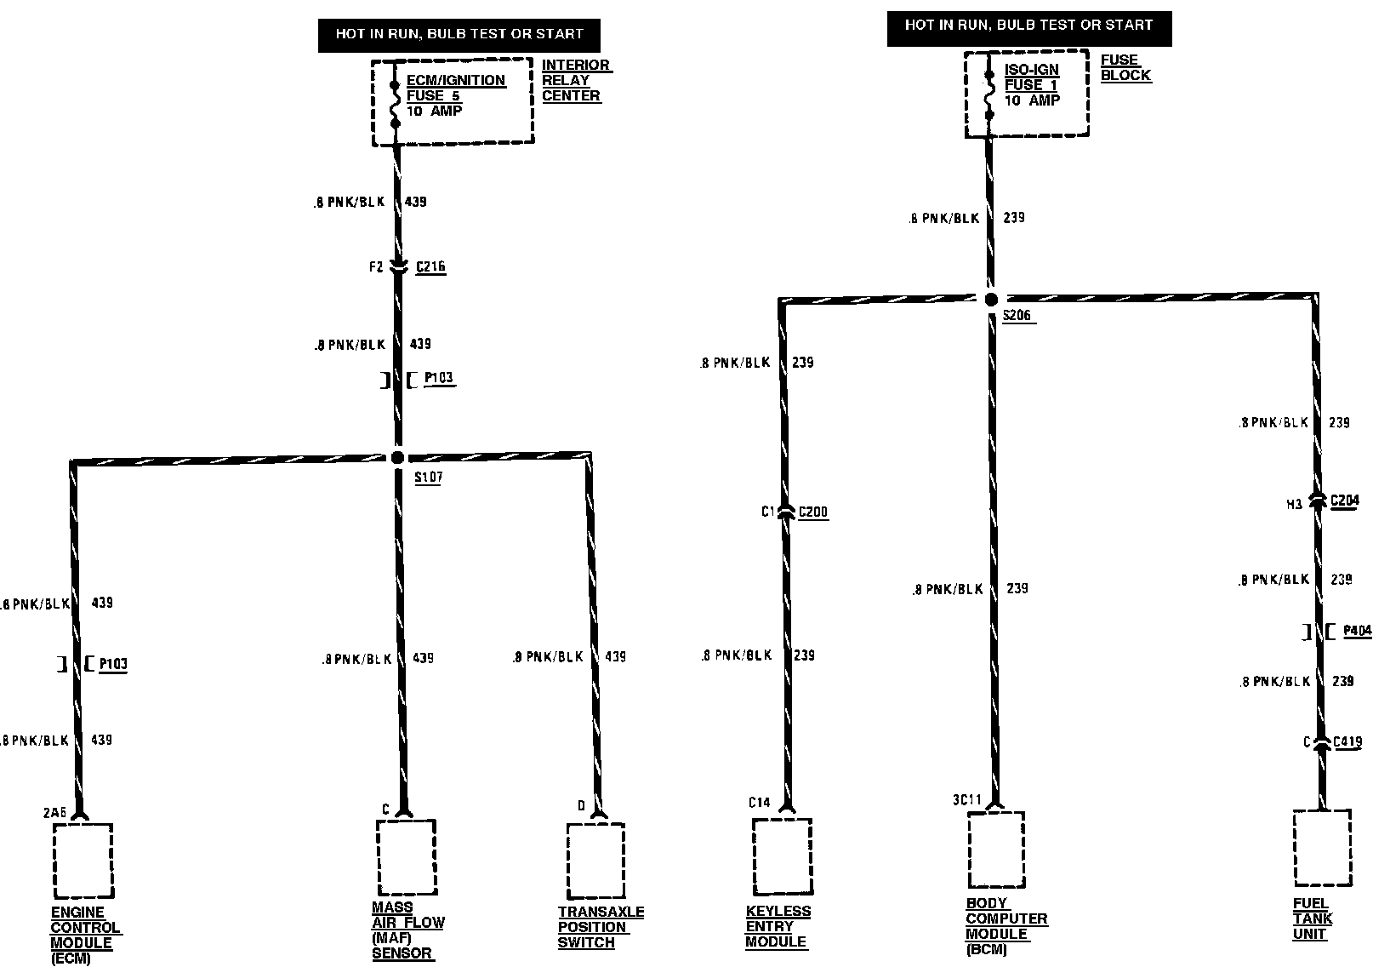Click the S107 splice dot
point(397,457)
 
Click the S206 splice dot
point(991,300)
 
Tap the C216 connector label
point(430,266)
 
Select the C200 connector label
point(813,512)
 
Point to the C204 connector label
point(1344,501)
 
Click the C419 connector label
point(1347,741)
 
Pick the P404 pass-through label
point(1357,631)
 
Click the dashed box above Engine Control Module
point(83,860)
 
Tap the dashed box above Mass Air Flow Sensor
point(406,856)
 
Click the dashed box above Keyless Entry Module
point(782,856)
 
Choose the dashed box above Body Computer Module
point(995,849)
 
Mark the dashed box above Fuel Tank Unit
point(1321,848)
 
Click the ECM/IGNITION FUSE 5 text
point(455,88)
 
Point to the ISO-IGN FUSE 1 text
point(1031,77)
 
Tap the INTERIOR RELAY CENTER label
point(576,80)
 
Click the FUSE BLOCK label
point(1125,67)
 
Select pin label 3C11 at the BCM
point(966,800)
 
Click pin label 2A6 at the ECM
point(54,813)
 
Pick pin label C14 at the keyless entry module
point(759,802)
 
